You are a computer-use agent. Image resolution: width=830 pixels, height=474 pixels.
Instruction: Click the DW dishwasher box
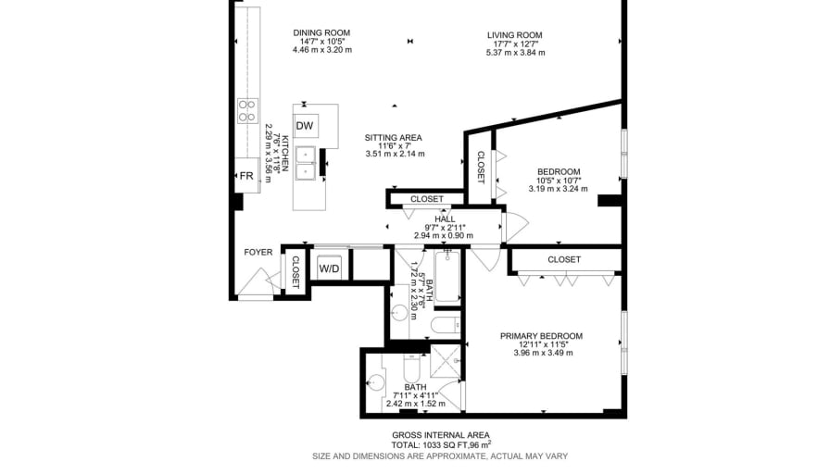pos(306,126)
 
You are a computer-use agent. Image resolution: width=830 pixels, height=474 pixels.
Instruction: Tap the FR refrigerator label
pos(246,176)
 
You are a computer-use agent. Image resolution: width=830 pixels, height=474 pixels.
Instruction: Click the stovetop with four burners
pos(247,110)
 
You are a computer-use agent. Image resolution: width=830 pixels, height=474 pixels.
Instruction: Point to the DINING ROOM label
pos(321,32)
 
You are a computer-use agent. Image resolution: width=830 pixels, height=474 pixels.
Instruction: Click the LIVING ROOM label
pos(515,35)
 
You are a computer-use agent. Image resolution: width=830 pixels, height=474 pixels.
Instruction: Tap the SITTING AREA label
pos(394,138)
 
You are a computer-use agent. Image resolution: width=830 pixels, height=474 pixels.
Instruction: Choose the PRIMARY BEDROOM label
pos(542,336)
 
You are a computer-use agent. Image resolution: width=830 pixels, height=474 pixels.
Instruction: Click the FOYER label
pos(258,253)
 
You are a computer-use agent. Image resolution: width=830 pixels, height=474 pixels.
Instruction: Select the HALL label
pos(445,219)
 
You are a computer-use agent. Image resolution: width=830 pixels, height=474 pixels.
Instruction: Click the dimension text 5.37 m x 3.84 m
pos(516,53)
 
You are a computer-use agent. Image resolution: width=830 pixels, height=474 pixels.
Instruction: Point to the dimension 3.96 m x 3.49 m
pos(543,353)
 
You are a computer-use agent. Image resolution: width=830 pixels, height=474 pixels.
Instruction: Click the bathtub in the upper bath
pos(447,277)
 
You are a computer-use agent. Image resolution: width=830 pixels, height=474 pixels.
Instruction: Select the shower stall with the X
pos(446,361)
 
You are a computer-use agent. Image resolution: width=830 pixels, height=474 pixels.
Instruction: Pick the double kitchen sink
pos(306,163)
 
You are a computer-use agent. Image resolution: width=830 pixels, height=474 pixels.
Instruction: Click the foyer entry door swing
pos(258,282)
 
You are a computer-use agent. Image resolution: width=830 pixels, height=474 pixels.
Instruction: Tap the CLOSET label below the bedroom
pos(564,259)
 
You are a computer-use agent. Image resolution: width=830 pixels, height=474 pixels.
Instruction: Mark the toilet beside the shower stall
pos(412,364)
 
